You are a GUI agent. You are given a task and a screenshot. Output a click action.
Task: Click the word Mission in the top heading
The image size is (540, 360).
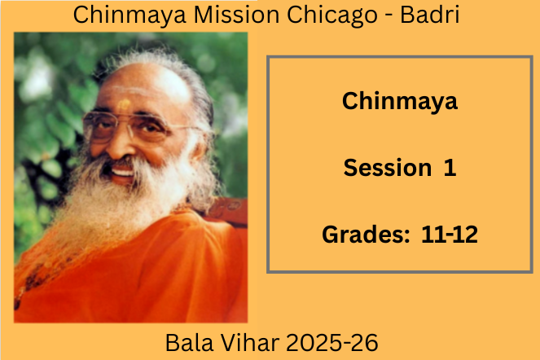coord(237,15)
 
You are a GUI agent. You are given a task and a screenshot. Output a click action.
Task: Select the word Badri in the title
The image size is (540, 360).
coord(429,15)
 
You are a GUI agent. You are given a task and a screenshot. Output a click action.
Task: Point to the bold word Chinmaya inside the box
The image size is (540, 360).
coord(400,102)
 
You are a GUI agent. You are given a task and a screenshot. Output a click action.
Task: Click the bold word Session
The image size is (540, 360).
coord(388,168)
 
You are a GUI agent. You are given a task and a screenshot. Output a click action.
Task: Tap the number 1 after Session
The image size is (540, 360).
coord(450,168)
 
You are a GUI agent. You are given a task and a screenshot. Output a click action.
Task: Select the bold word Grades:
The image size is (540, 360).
coord(366,235)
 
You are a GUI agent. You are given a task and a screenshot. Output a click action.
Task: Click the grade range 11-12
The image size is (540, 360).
coord(450,235)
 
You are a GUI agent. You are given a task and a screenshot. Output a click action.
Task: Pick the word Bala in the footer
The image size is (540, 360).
coord(189,343)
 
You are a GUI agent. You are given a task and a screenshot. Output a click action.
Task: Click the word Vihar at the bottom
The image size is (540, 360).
coord(250,343)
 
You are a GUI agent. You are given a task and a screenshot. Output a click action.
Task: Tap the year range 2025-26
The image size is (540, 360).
coord(332,343)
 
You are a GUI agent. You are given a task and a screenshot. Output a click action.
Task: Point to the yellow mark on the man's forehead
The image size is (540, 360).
coord(125,104)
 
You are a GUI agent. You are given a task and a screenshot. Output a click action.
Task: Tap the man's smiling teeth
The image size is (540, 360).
coord(122,171)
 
